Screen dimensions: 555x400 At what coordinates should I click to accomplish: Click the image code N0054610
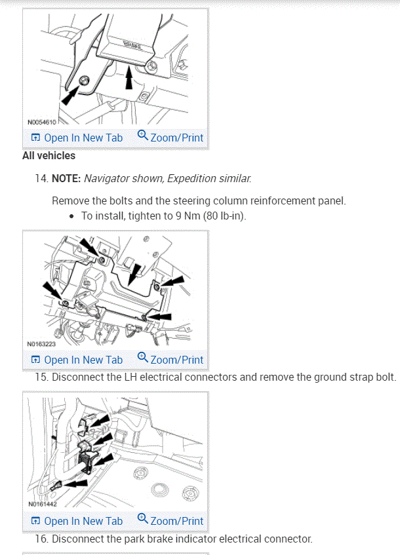42,122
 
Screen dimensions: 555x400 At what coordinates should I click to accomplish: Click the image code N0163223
42,343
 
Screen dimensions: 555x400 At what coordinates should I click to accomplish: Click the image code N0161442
42,505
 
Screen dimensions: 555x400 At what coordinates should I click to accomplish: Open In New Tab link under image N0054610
77,138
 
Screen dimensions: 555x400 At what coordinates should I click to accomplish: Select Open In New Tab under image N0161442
77,521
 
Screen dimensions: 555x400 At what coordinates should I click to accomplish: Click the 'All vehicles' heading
49,156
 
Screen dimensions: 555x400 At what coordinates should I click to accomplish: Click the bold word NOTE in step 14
66,178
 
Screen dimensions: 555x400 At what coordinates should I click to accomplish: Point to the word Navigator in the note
109,178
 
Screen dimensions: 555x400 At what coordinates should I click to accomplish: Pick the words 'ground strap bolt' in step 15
357,377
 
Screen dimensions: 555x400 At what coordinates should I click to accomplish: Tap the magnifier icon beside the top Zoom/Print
143,136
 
